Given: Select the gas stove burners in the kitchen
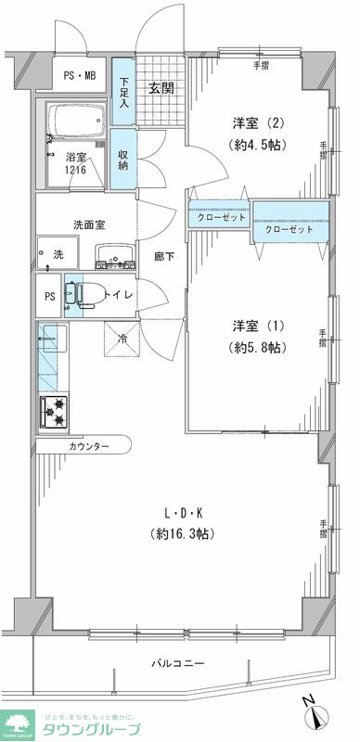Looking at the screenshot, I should (53, 411).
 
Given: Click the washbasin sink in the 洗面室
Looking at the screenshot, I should (115, 254).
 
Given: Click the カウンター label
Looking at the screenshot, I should (88, 447).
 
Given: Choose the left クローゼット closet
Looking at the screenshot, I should (221, 218).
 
